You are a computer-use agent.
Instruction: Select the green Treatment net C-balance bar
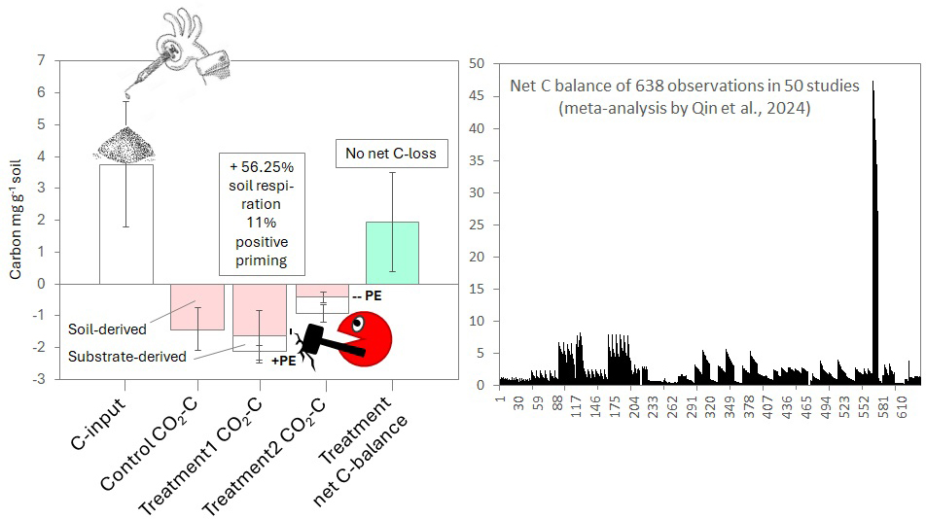392,253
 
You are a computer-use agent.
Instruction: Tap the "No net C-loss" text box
391,153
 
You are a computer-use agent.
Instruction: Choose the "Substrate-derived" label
126,357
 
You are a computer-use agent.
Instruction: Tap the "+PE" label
283,361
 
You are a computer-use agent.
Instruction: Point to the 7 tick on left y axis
41,60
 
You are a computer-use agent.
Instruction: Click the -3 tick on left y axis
38,379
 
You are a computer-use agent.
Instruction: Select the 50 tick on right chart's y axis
477,64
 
